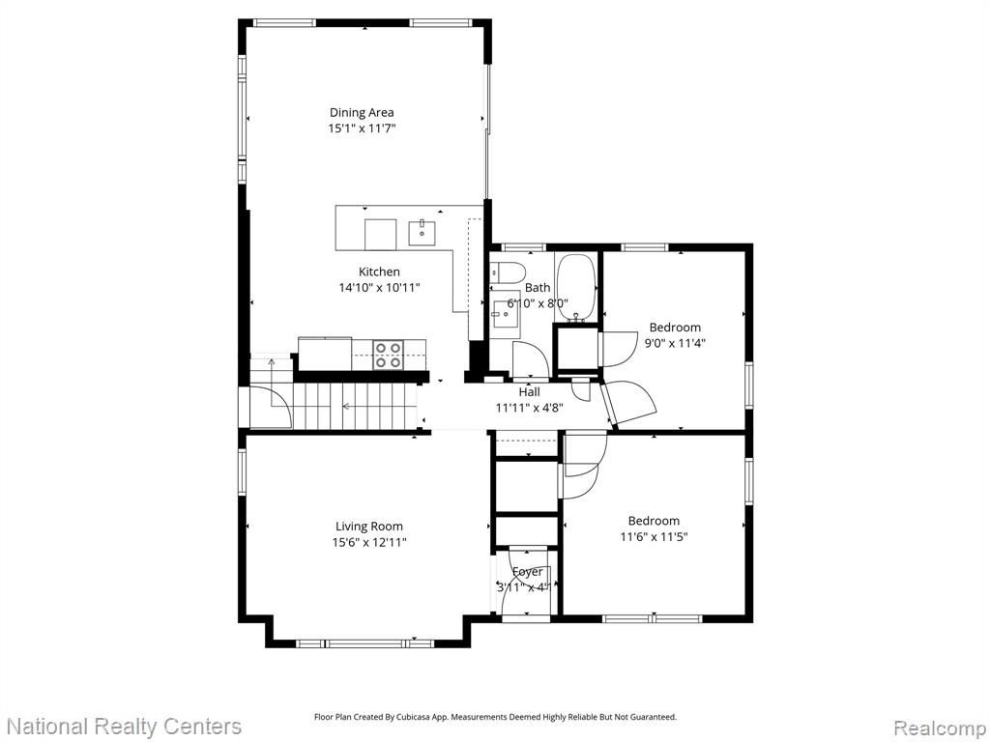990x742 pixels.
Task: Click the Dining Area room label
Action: point(362,112)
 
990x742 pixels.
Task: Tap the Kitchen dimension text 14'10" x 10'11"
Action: point(379,288)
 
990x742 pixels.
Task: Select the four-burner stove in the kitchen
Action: point(389,354)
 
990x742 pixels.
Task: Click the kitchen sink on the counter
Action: point(422,232)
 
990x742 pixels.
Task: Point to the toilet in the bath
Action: point(508,272)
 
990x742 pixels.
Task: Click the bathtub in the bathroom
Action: point(577,288)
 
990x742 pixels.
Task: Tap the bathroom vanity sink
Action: point(506,315)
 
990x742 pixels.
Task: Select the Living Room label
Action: point(368,527)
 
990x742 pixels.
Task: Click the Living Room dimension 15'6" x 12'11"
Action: point(369,542)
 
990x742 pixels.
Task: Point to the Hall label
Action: point(529,392)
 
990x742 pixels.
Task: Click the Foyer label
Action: point(527,572)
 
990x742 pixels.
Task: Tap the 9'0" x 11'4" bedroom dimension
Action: point(675,343)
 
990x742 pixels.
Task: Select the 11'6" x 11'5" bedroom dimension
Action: point(654,537)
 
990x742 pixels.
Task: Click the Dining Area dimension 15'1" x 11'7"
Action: point(362,128)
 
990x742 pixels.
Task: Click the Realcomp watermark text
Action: point(940,728)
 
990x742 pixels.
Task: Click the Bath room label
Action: point(538,288)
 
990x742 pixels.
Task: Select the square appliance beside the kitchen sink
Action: point(381,235)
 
